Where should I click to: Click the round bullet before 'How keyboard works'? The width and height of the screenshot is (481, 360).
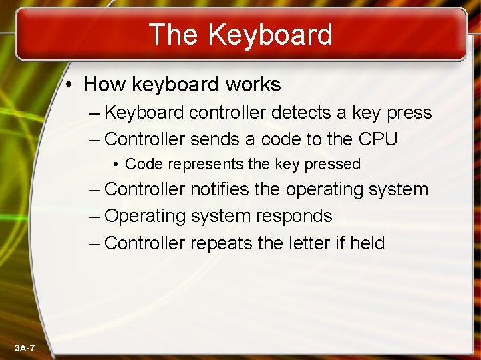click(69, 85)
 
